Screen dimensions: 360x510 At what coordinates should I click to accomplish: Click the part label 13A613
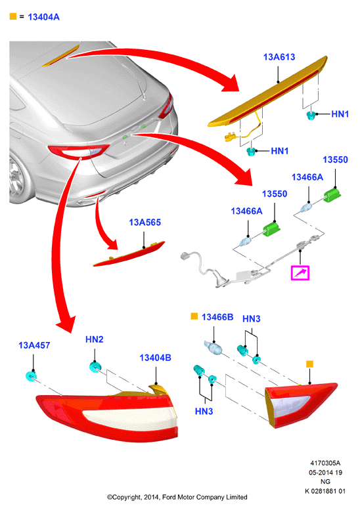(x=279, y=57)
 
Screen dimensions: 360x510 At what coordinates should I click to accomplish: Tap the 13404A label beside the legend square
(x=43, y=17)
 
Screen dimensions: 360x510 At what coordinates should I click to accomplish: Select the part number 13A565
(x=145, y=222)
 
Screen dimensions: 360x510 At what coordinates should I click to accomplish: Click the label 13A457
(x=34, y=345)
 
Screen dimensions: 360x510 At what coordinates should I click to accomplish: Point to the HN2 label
(x=95, y=339)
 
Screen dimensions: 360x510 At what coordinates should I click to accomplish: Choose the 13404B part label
(x=155, y=358)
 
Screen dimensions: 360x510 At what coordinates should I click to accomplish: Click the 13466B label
(x=217, y=317)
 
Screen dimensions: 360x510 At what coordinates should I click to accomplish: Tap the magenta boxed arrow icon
(x=300, y=273)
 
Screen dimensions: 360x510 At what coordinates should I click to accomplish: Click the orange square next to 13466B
(x=194, y=316)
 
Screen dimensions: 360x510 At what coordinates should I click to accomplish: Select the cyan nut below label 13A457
(x=32, y=376)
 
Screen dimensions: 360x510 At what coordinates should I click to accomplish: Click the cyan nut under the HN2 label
(x=95, y=367)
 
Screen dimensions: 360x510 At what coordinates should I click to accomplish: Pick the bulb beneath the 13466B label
(x=214, y=347)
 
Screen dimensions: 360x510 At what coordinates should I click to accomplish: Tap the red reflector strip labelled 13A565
(x=129, y=254)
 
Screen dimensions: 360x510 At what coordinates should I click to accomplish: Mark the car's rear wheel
(x=19, y=179)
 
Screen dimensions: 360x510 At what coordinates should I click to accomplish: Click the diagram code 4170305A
(x=325, y=463)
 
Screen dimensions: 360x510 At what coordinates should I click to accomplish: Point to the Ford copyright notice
(x=177, y=497)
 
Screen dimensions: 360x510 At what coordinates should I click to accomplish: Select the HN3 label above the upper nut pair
(x=252, y=319)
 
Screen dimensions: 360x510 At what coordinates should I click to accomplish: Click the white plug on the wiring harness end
(x=186, y=256)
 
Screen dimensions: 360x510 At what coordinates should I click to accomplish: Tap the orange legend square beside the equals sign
(x=13, y=16)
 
